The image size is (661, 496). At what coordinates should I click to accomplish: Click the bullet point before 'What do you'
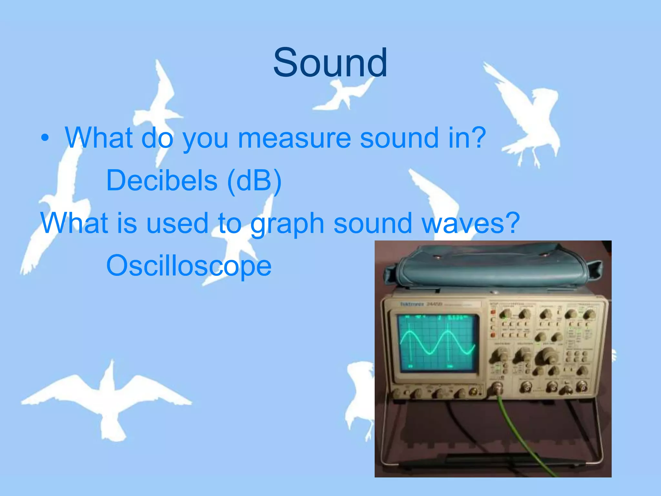[x=45, y=138]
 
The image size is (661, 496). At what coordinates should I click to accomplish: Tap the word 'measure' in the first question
[x=294, y=138]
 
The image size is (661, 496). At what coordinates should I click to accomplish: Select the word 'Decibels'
[x=162, y=180]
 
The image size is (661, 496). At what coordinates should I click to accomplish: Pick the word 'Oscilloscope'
[x=189, y=265]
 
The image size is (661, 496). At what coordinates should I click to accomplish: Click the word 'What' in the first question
[x=98, y=138]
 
